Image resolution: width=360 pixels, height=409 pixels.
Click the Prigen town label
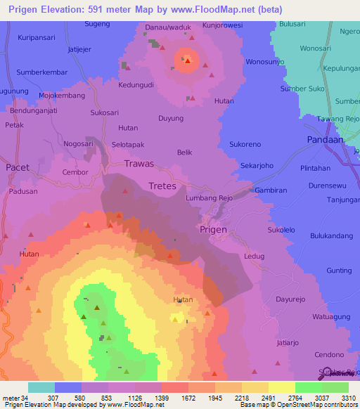click(213, 229)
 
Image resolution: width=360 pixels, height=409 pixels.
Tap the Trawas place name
click(139, 164)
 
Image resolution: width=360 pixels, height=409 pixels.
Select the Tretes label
click(162, 186)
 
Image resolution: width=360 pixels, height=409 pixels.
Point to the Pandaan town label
click(326, 140)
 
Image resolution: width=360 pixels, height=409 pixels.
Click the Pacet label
click(18, 168)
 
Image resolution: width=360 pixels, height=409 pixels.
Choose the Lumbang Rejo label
click(209, 198)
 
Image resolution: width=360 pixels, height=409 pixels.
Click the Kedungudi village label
click(136, 85)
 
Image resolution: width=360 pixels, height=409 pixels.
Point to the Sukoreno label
click(245, 144)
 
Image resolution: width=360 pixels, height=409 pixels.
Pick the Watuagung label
click(331, 317)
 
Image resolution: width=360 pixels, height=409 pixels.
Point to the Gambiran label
click(271, 190)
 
